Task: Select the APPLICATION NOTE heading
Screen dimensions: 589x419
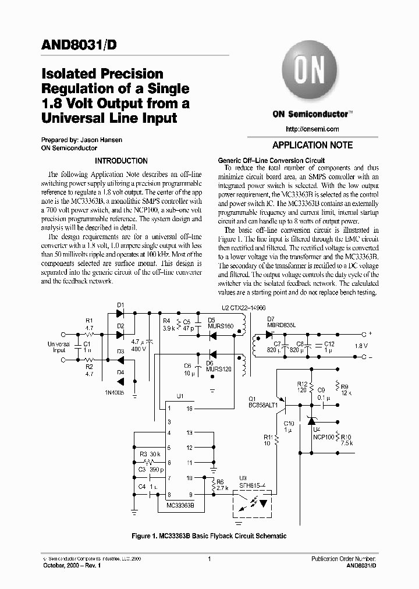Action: [x=313, y=146]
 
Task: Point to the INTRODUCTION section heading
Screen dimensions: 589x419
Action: [x=122, y=161]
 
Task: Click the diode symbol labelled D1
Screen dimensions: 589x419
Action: [x=120, y=313]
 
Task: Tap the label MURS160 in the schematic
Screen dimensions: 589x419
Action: [x=220, y=326]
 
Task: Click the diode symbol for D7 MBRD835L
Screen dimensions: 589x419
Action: [x=269, y=334]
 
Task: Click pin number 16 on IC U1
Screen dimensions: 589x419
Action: [x=190, y=409]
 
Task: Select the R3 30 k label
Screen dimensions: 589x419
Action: [x=151, y=454]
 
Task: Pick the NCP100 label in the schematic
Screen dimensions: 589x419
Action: [x=324, y=435]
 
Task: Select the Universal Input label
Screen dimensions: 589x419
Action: [x=59, y=347]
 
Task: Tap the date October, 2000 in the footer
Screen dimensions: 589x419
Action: [x=62, y=565]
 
